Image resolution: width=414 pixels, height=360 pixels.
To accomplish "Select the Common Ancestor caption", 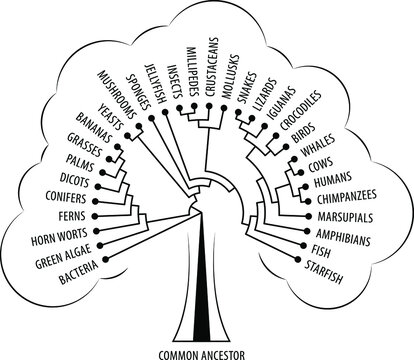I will pyautogui.click(x=205, y=352).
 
